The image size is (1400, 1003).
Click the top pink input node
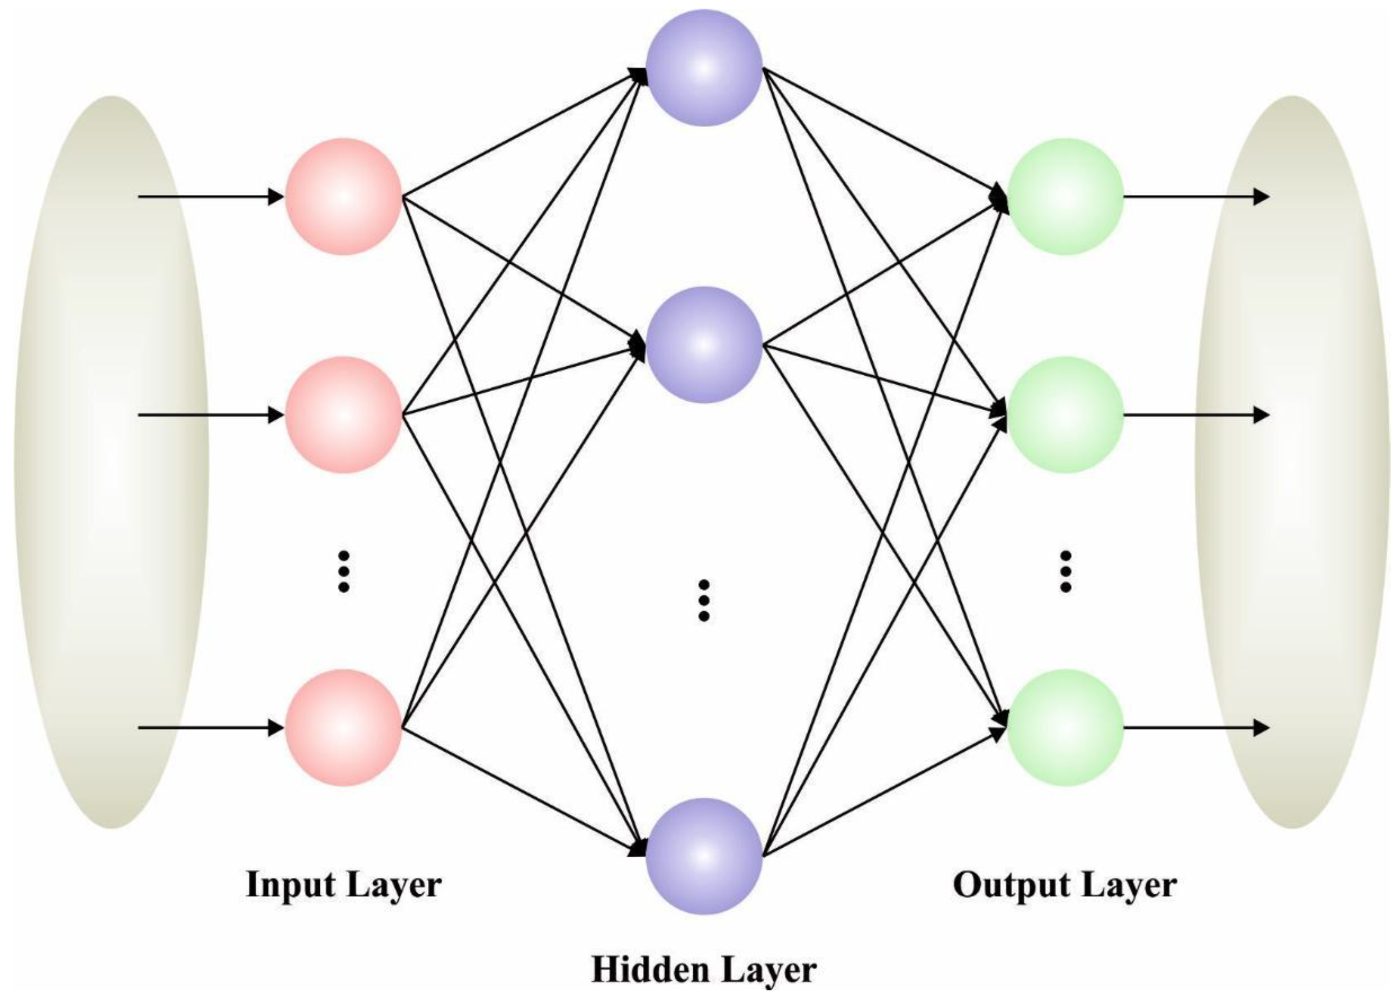point(344,196)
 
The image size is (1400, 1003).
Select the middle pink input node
point(344,415)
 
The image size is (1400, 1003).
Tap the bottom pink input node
point(344,728)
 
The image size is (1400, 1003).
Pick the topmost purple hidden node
point(704,68)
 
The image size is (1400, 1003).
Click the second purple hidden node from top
point(704,345)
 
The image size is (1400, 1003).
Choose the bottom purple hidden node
point(704,856)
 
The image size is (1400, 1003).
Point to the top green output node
point(1065,196)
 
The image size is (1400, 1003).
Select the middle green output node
point(1065,415)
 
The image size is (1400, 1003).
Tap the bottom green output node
point(1065,728)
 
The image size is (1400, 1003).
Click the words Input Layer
point(344,884)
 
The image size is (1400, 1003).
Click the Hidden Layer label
point(704,970)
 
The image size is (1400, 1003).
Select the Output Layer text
point(1065,884)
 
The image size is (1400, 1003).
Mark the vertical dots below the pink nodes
point(344,571)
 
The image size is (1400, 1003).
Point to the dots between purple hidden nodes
point(704,600)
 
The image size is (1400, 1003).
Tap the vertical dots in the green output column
point(1065,571)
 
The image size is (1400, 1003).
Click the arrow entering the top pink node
point(210,196)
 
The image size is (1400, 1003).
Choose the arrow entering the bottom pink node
point(210,728)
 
